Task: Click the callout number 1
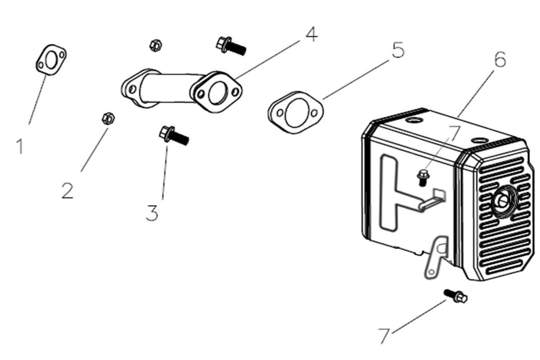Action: click(20, 147)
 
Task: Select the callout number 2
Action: click(68, 191)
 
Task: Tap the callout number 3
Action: click(152, 213)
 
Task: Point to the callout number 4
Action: click(311, 34)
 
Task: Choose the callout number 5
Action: click(398, 50)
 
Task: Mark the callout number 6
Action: click(500, 60)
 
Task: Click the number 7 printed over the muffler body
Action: click(455, 134)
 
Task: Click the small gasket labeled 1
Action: click(51, 60)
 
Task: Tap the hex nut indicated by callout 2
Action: click(108, 118)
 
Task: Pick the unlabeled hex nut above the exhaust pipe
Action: click(155, 45)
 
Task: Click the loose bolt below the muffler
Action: click(456, 296)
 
